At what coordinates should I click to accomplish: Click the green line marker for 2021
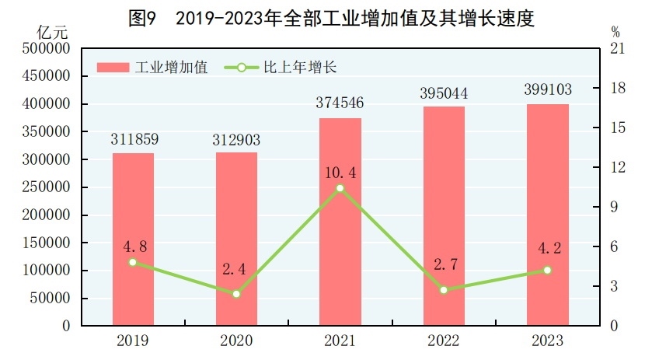point(340,188)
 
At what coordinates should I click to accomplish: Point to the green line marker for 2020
point(236,294)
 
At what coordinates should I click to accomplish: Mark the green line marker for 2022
point(444,290)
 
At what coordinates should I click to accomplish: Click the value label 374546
point(340,103)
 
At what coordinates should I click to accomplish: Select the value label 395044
point(444,93)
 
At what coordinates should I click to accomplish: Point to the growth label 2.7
point(444,264)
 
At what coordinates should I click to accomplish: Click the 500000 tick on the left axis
point(49,49)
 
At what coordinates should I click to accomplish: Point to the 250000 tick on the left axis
point(49,187)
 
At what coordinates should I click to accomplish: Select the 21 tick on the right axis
point(619,49)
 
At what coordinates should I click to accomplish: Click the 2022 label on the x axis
point(444,341)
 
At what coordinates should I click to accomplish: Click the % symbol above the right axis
point(615,33)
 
